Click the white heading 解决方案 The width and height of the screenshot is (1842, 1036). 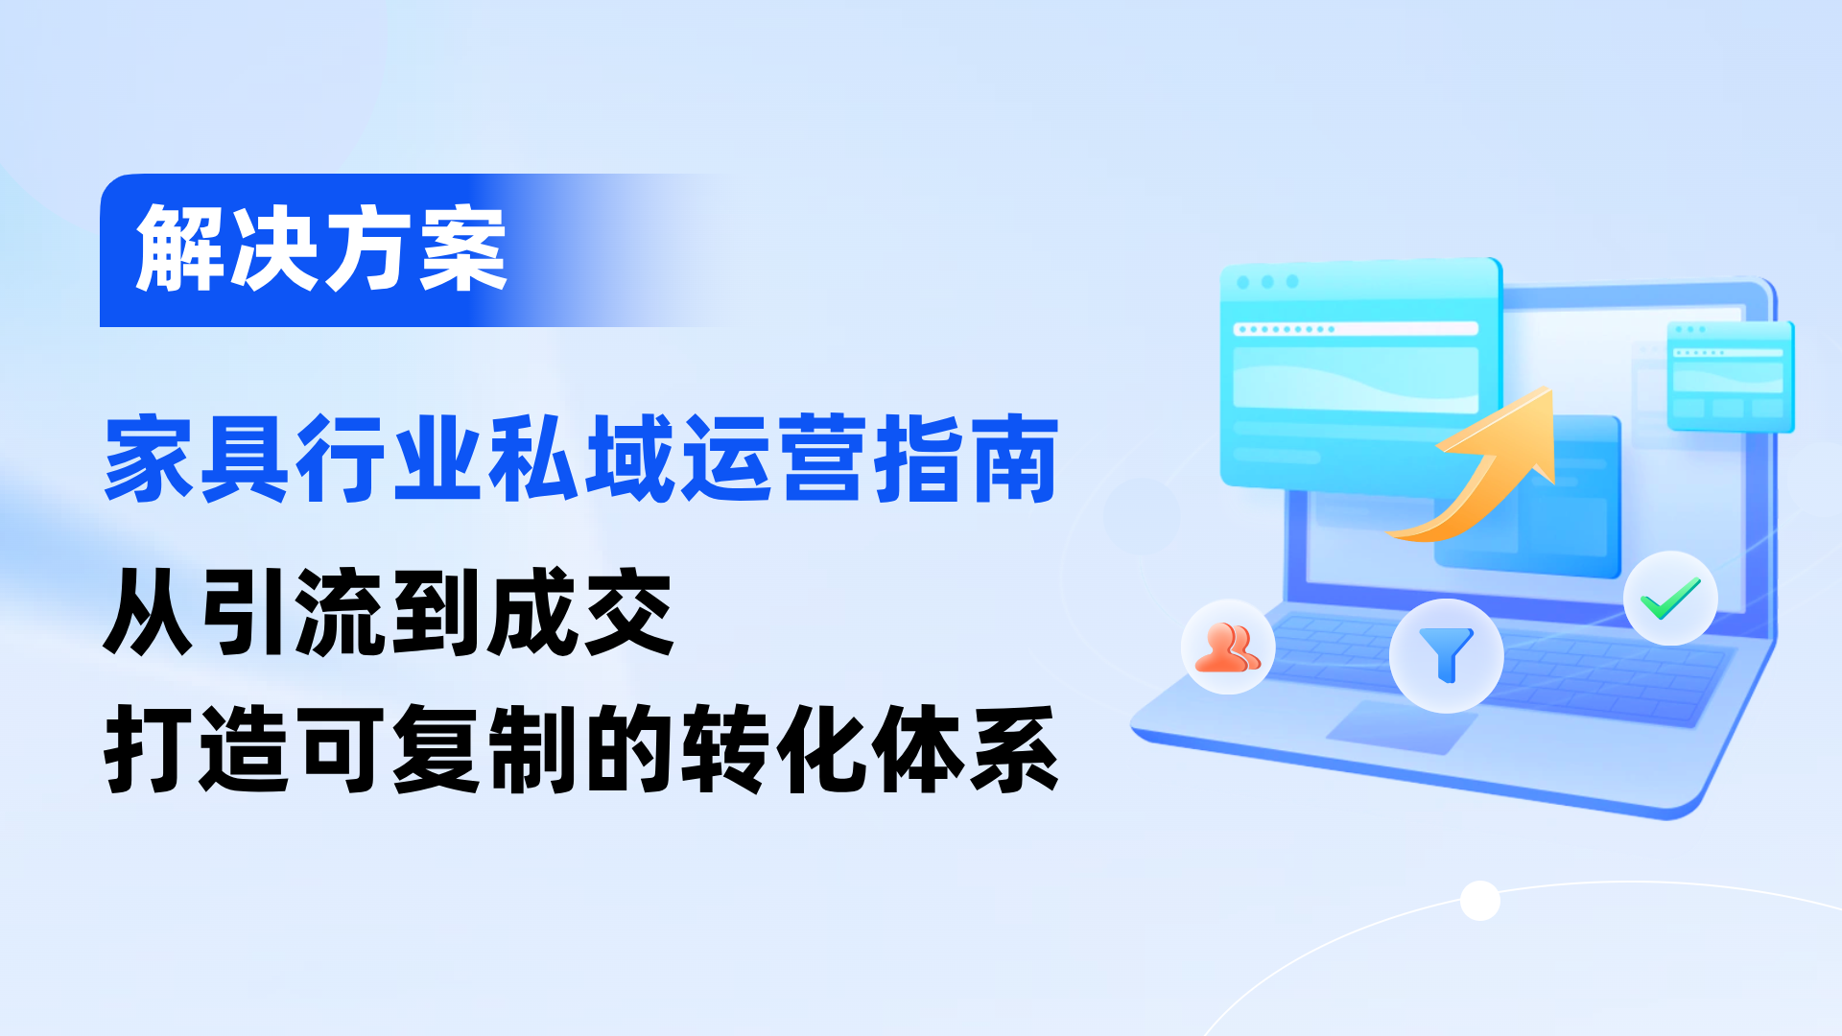(x=321, y=249)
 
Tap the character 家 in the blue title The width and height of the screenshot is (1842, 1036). (x=150, y=459)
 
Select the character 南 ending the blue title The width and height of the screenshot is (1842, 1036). (x=1013, y=459)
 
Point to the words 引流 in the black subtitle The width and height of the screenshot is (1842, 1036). (x=294, y=612)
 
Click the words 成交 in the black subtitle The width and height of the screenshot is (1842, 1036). (x=581, y=612)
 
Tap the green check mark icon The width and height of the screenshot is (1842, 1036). (x=1670, y=599)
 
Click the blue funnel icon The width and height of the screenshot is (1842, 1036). (x=1446, y=655)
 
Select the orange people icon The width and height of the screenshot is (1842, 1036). (x=1228, y=647)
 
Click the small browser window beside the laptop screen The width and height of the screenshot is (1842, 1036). (x=1730, y=376)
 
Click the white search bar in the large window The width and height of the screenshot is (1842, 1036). (x=1356, y=329)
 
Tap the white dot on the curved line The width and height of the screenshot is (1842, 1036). (x=1479, y=901)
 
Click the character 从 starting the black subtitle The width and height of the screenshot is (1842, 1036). (x=150, y=612)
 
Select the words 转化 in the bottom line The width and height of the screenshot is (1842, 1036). (x=773, y=749)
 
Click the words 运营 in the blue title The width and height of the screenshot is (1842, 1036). (x=773, y=459)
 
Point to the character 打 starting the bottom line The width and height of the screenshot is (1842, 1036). (x=150, y=749)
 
